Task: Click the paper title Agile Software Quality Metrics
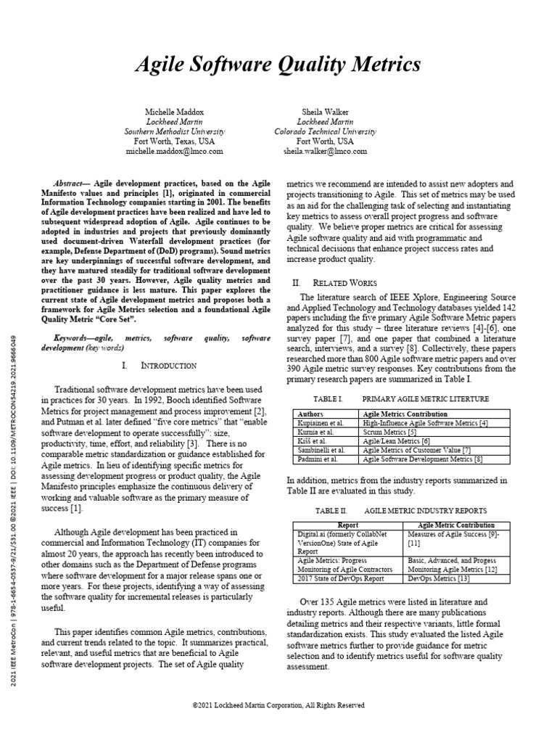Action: tap(278, 65)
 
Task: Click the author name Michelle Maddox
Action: tap(175, 112)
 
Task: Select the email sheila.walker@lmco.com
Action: tap(325, 152)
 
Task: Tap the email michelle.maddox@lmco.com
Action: tap(175, 152)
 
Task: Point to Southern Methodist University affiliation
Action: tap(175, 132)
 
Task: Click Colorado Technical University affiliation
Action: tap(325, 132)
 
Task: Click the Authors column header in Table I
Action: tap(311, 414)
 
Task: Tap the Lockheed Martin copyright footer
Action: tap(278, 705)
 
